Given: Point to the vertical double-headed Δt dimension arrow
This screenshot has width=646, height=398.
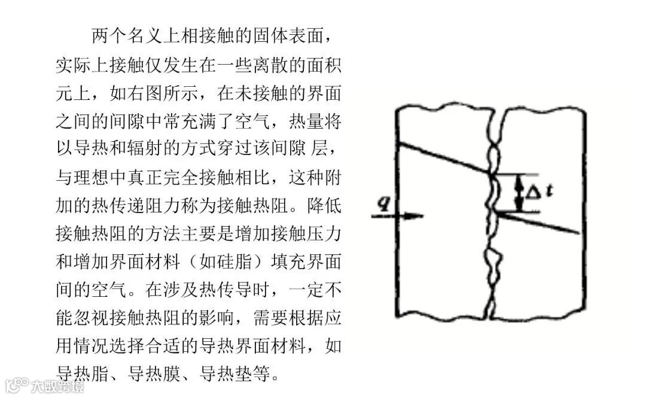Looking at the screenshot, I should [518, 193].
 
